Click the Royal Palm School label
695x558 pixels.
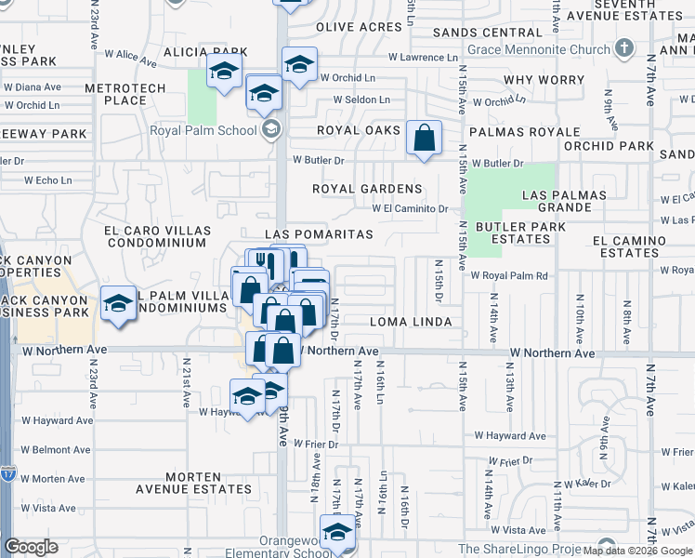[204, 130]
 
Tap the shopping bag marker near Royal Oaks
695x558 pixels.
[424, 139]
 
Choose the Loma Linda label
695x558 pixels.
[410, 322]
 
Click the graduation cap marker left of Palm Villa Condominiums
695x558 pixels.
[119, 305]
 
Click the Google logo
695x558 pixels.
[31, 547]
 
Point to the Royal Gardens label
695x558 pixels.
[367, 189]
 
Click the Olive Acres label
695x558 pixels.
[359, 27]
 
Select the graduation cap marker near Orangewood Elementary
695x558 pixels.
[337, 534]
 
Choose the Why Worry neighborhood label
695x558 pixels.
[544, 81]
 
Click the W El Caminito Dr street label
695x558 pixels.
[411, 209]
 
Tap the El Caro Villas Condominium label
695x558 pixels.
[155, 236]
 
